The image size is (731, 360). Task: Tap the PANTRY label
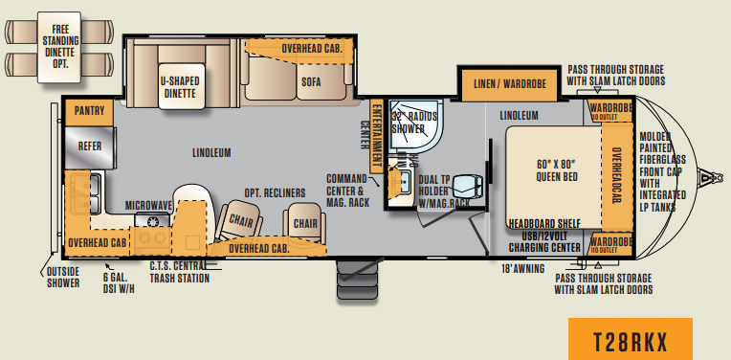(x=88, y=111)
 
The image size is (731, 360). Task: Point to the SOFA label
(x=311, y=82)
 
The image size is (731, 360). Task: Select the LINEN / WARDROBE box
(x=510, y=85)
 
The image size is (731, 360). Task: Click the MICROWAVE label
(x=148, y=205)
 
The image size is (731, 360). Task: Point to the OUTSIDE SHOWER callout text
(x=64, y=278)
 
